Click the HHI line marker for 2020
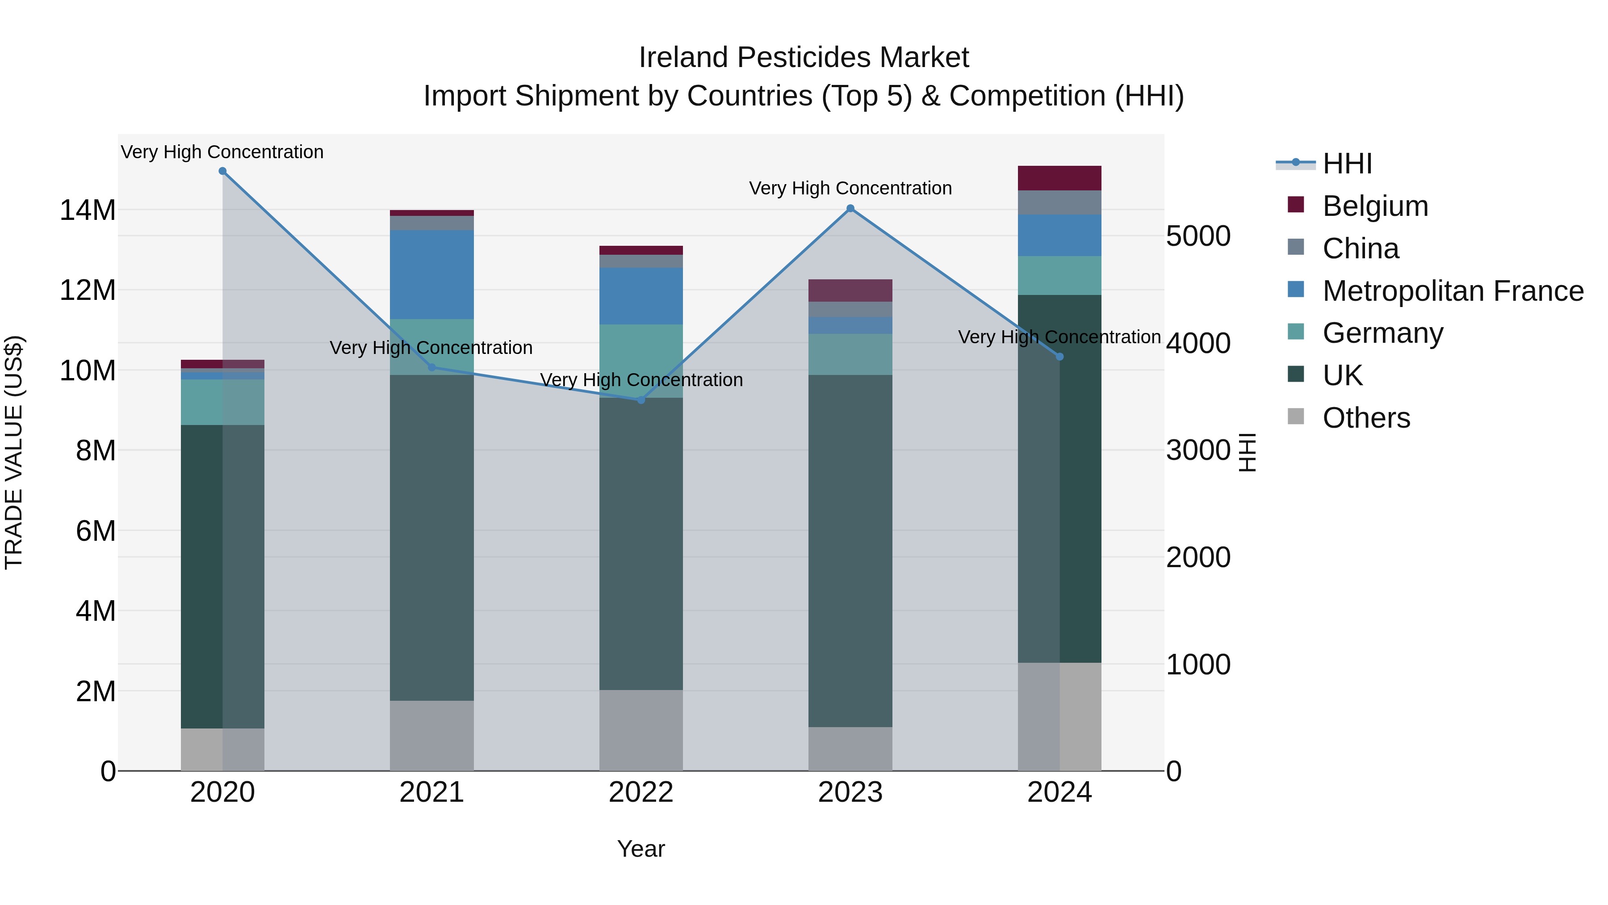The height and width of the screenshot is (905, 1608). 222,171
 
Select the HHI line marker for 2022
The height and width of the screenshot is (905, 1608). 641,400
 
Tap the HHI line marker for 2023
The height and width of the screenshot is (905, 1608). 850,209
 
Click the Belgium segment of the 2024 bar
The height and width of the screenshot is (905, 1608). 1059,179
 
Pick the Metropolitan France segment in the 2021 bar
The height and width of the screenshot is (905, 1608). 431,275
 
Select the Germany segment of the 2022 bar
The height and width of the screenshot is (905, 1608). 641,361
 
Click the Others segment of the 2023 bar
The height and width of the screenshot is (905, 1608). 850,749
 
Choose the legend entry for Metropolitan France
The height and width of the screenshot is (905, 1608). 1452,291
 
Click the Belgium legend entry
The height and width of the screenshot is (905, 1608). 1374,206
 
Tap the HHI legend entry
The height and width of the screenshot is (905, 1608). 1347,164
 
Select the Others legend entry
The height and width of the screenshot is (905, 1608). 1366,418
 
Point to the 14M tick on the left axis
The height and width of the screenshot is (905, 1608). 88,210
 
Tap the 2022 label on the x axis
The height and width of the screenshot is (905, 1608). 641,792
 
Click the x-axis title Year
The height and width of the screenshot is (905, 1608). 641,849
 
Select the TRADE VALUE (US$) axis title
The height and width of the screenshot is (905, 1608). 14,452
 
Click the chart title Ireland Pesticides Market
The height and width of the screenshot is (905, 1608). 804,58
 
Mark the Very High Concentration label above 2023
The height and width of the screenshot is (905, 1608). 850,188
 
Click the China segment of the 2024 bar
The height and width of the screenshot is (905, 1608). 1059,203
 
